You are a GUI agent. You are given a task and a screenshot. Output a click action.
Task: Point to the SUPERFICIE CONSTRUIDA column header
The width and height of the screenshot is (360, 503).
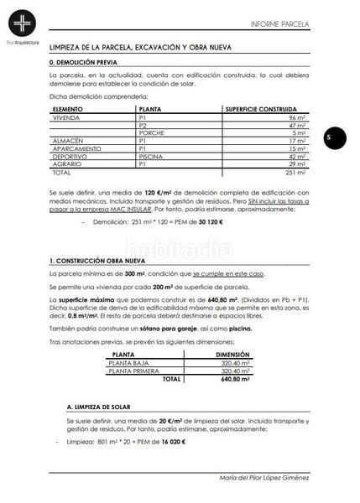pos(261,110)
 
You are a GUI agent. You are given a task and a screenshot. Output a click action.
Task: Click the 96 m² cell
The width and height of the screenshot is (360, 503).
pos(296,118)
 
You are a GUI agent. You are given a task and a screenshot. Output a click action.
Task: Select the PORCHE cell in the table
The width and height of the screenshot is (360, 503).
pos(152,133)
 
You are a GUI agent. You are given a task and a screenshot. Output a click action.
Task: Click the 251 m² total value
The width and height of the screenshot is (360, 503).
pos(294,171)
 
